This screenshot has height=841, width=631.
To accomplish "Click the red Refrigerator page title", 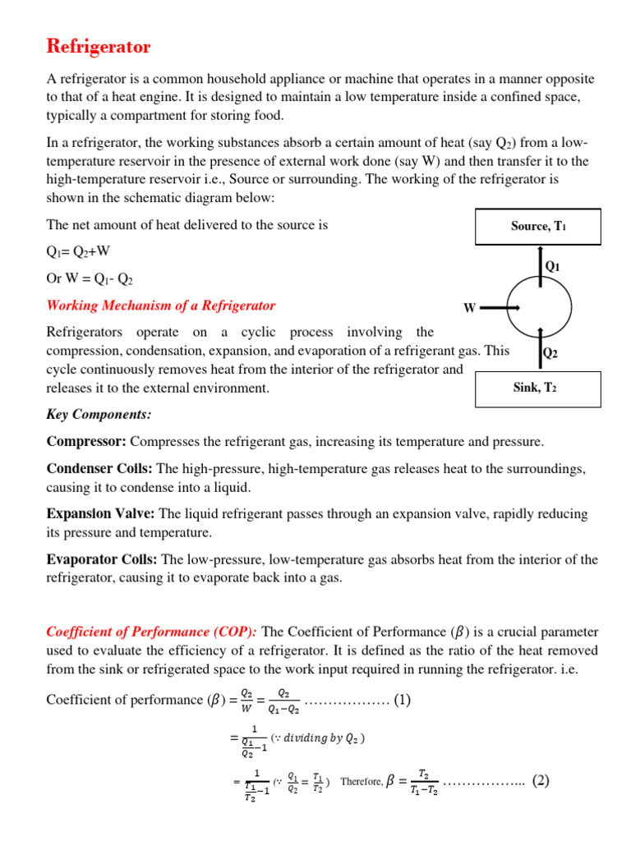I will pos(99,47).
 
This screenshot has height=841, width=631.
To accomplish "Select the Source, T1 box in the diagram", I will pos(538,227).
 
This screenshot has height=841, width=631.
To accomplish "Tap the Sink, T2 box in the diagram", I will pos(538,388).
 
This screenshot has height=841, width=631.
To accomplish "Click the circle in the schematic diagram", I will pos(540,308).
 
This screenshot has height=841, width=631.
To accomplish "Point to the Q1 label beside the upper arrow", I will pos(553,266).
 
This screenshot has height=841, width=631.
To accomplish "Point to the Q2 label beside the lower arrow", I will pos(550,353).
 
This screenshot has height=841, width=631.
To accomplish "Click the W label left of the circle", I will pos(470,308).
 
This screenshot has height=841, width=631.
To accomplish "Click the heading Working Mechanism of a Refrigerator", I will pos(161,306).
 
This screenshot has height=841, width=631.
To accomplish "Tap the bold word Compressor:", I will pos(86,442).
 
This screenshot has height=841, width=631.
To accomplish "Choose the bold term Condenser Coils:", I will pos(99,468).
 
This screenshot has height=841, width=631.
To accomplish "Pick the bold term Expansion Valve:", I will pos(100,513).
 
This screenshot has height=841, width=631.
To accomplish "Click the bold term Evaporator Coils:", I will pos(103,559).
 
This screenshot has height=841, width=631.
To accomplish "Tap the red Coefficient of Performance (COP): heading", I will pos(152,632).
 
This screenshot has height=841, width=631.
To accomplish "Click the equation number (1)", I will pos(402,700).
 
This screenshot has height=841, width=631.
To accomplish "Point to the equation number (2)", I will pos(540,780).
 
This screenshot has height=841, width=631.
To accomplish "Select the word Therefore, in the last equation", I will pos(361,782).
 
